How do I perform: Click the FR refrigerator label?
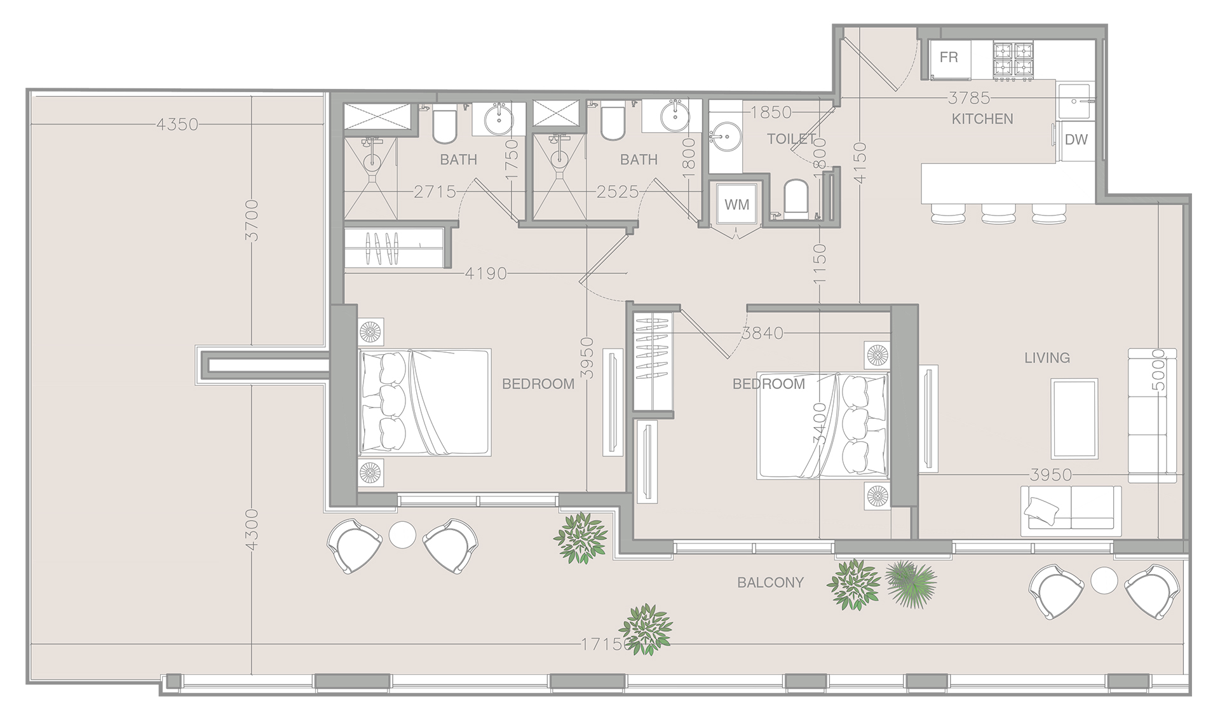tap(949, 58)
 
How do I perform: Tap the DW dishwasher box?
tap(1076, 140)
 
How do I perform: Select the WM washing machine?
tap(736, 205)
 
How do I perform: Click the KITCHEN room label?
tap(982, 119)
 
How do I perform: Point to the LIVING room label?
tap(1047, 358)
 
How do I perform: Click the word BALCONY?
tap(770, 582)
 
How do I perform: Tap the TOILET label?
tap(791, 139)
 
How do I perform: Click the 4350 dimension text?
tap(177, 125)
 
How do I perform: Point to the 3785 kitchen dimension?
tap(969, 98)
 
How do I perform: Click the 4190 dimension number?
tap(486, 273)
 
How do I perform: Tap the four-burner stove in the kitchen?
tap(1013, 61)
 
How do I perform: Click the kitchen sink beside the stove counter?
tap(1074, 101)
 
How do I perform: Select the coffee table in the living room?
tap(1074, 418)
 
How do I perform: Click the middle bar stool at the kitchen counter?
tap(998, 214)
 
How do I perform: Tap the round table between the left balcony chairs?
tap(402, 535)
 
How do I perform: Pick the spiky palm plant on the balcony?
tap(911, 583)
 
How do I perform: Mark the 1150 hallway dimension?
tap(820, 263)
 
